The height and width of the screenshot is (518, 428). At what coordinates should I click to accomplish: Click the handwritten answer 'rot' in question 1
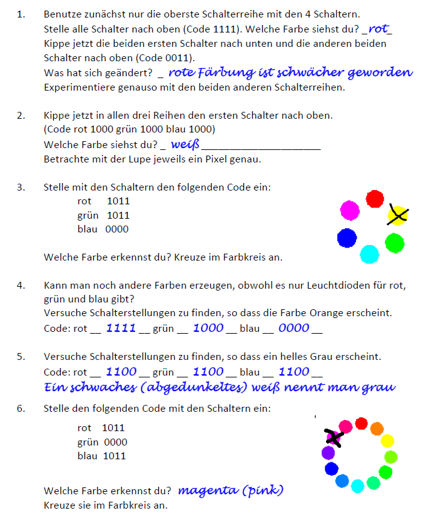[x=379, y=29]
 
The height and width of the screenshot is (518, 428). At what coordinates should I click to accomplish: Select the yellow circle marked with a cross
[x=397, y=216]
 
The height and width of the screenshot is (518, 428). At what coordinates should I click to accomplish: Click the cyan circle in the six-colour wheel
[x=370, y=254]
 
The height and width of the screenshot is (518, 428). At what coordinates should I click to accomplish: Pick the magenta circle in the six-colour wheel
[x=349, y=210]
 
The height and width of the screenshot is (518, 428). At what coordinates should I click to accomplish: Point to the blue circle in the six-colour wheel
[x=347, y=237]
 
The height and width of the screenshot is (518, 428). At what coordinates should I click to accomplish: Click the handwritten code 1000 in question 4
[x=208, y=327]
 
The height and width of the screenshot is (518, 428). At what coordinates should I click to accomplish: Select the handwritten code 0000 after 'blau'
[x=293, y=327]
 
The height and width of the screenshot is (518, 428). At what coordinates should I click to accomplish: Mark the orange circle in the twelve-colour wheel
[x=377, y=429]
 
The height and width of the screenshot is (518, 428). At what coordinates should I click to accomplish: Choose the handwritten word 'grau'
[x=378, y=387]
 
